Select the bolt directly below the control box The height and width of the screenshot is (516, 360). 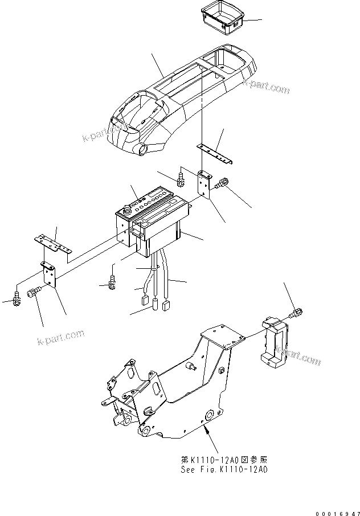tap(112, 281)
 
